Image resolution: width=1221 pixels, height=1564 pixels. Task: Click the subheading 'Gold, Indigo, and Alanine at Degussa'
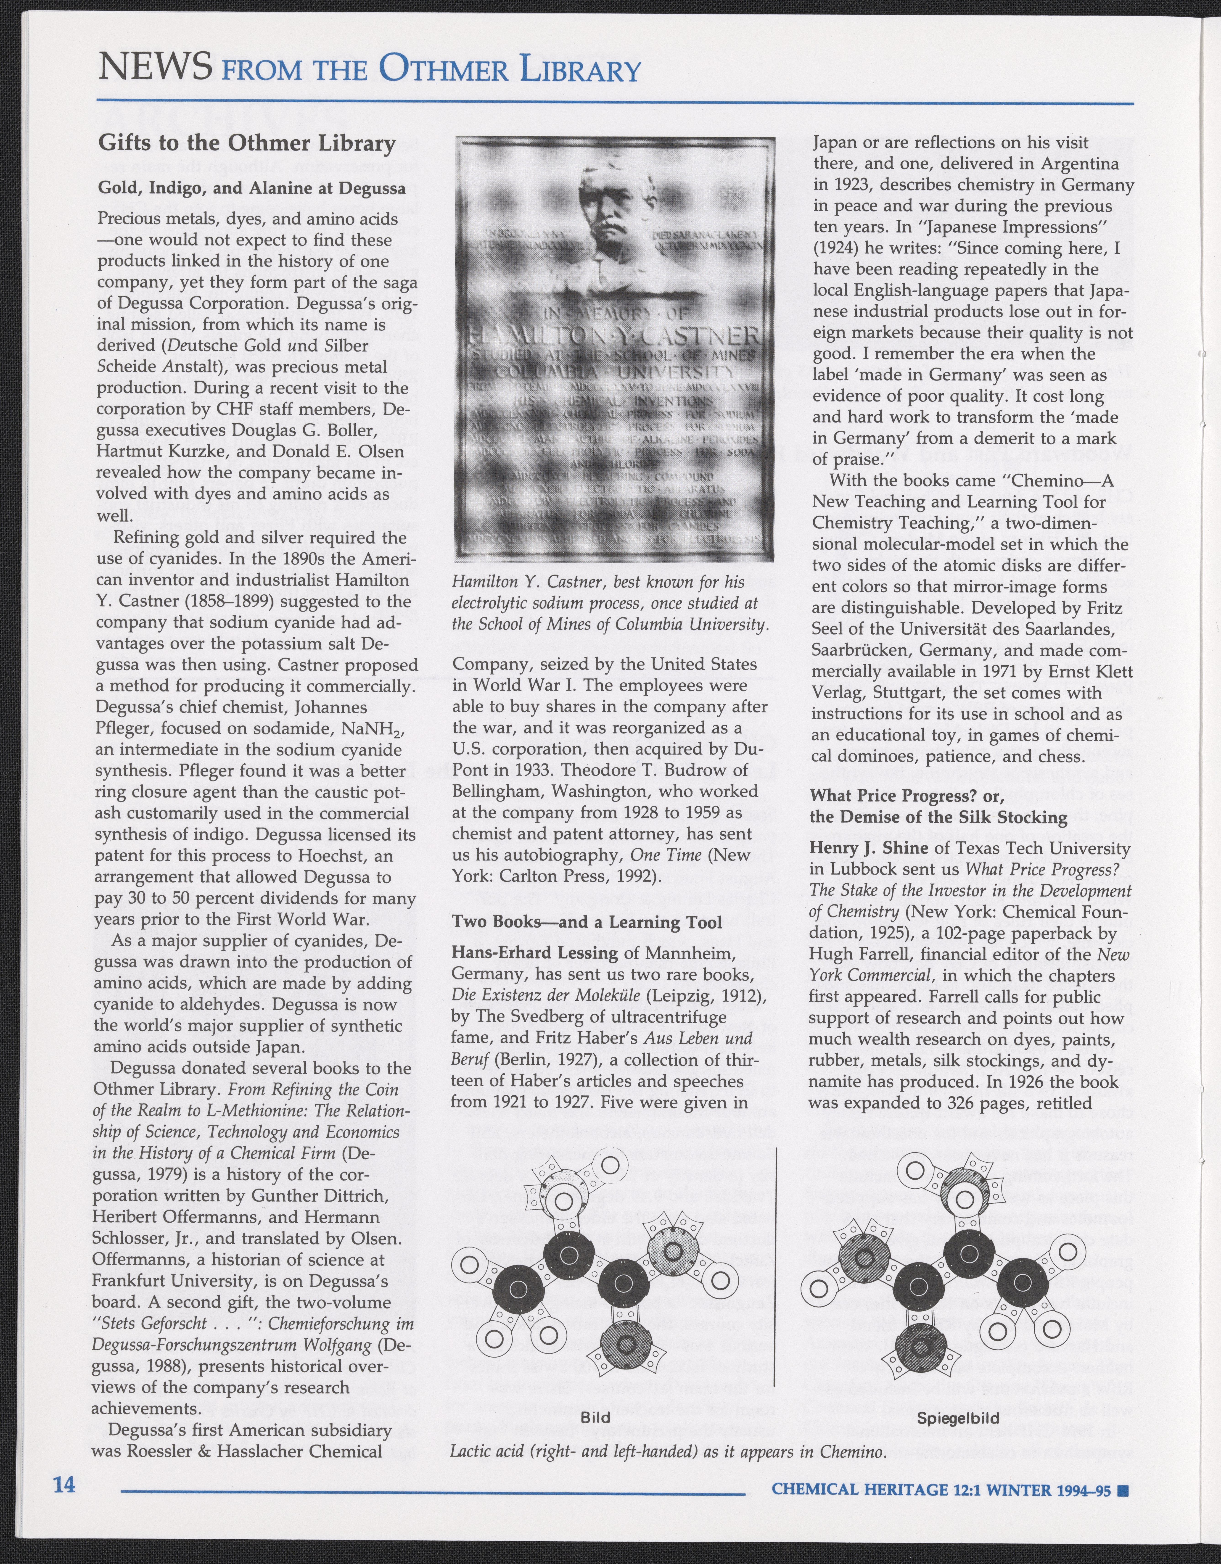click(251, 188)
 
